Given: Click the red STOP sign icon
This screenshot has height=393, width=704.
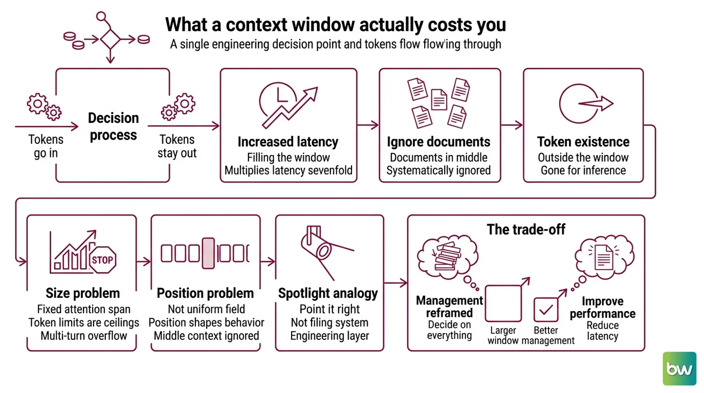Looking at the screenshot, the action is click(103, 259).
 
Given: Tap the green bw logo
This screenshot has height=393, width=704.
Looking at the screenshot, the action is click(679, 368).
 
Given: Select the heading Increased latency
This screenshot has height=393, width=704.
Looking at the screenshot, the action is click(288, 142).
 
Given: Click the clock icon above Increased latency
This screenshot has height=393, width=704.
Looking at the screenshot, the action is click(278, 101).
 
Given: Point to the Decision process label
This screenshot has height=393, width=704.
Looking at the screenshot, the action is click(114, 127).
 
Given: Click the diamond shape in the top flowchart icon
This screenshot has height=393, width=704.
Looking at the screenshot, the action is click(111, 39).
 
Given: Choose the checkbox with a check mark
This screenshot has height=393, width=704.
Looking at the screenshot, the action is click(546, 310).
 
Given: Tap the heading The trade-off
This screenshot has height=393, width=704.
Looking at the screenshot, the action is click(526, 230).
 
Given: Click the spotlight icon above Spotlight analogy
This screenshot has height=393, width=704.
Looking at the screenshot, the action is click(327, 252).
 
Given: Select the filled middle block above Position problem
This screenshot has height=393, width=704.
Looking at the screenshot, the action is click(208, 253).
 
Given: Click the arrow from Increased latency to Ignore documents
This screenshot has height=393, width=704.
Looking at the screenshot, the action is click(368, 125).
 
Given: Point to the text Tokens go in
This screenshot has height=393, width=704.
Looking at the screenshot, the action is click(46, 146).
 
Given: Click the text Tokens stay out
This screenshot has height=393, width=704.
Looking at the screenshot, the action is click(177, 146).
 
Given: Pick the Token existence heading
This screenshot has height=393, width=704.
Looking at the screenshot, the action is click(583, 142).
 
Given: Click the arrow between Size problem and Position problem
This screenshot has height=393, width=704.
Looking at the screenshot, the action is click(144, 261).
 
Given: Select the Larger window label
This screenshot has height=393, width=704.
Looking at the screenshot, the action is click(503, 336).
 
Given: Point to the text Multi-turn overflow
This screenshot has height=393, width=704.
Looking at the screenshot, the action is click(83, 336).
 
